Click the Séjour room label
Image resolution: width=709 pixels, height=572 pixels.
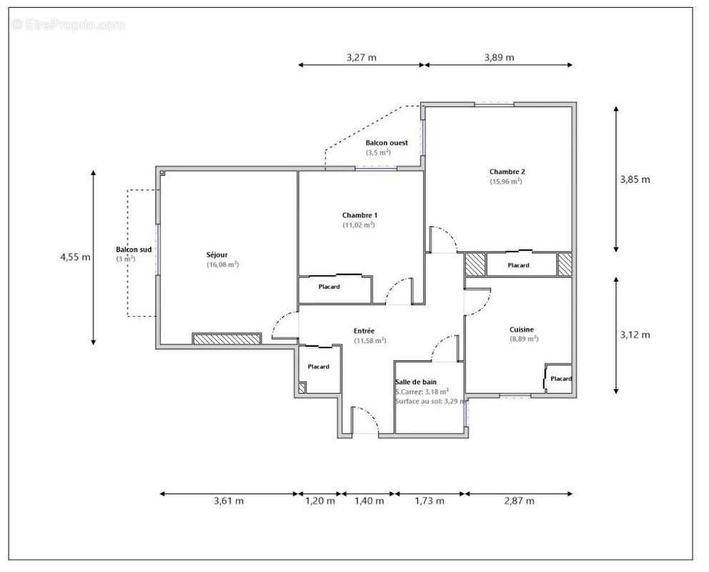coord(217,254)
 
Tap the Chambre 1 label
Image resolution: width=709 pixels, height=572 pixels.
coord(360,215)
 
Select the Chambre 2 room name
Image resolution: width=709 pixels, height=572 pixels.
coord(507,172)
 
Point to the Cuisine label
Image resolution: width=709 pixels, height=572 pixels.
coord(521,330)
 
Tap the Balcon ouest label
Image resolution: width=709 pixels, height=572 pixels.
coord(387,143)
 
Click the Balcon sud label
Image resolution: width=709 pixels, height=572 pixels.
coord(134,250)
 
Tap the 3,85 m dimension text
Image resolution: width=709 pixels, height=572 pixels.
coord(635,179)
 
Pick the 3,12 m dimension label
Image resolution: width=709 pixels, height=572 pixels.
coord(635,335)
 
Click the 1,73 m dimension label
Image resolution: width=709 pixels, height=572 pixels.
coord(430,501)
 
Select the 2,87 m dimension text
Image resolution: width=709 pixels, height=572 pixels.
coord(519,501)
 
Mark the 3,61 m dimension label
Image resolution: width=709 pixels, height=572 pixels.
coord(229,501)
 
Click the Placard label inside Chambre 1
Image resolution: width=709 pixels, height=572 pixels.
coord(329,287)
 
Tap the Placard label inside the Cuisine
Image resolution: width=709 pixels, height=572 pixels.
coord(561,379)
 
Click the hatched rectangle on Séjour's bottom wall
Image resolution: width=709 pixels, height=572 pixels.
coord(227,339)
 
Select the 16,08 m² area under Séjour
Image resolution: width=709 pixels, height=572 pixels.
coord(222,265)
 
